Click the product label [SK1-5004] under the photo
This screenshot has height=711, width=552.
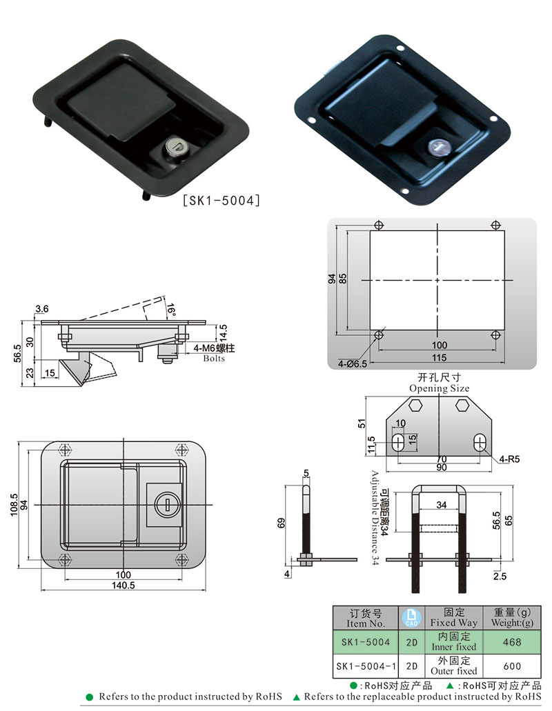coord(221,200)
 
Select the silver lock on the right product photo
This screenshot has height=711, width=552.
coord(439,148)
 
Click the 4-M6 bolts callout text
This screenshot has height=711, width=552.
coord(214,353)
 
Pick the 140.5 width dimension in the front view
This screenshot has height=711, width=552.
coord(124,585)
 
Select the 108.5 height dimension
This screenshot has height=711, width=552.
coord(14,505)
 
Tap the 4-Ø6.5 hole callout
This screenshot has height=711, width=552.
coord(353,363)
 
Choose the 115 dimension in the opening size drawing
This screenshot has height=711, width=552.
coord(439,358)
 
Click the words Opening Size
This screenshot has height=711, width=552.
coord(439,388)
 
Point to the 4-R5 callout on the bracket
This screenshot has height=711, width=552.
coord(509,459)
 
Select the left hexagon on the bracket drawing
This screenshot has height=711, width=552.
coord(415,405)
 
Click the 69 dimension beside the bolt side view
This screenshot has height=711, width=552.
coord(282,523)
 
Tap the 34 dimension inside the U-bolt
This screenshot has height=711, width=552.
coord(442,505)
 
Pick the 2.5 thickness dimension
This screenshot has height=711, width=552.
coord(500,577)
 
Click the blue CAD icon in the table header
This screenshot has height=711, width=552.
coord(411,618)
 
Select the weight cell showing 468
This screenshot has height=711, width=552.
coord(512,642)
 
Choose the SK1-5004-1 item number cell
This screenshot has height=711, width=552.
coord(366,666)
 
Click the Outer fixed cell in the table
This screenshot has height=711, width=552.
coord(454,666)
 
